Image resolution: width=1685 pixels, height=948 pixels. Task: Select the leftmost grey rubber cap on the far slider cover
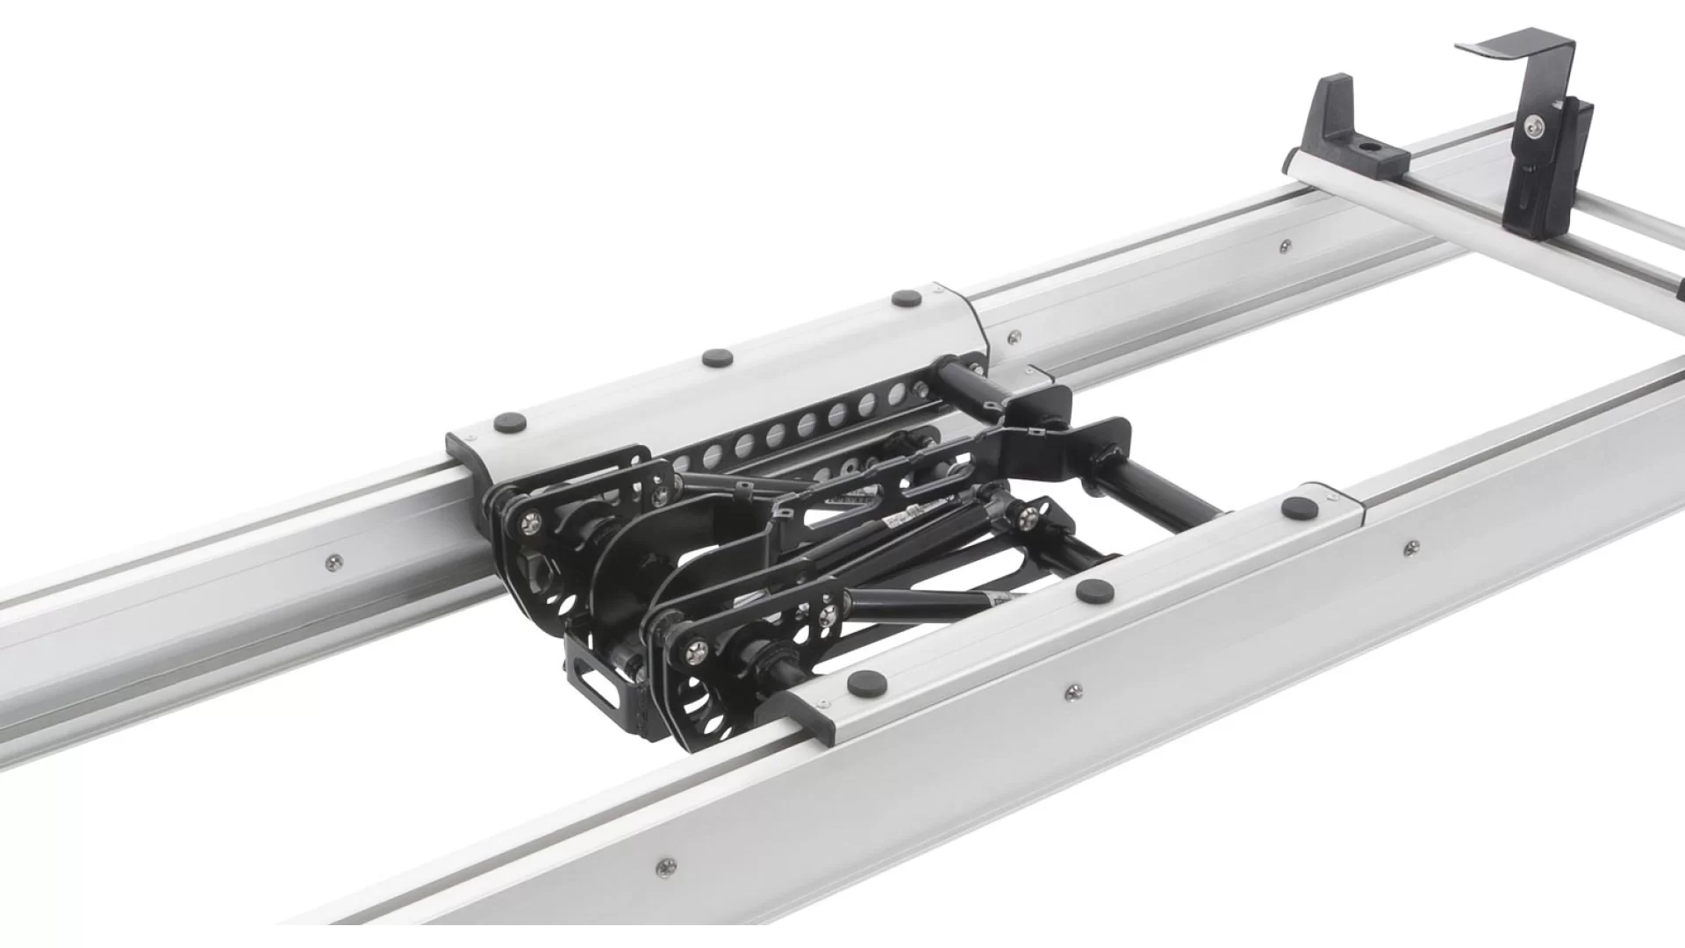tap(510, 422)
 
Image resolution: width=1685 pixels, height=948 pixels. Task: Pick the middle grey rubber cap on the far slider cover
tap(718, 357)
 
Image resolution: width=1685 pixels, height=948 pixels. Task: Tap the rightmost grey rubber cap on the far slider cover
tap(907, 298)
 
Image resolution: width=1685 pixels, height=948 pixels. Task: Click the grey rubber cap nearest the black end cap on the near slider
tap(866, 682)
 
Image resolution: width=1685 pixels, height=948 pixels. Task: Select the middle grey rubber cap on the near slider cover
tap(1094, 591)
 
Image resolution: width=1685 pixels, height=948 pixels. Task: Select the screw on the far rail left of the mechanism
tap(333, 562)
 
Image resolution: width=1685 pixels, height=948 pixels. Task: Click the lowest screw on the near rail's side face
tap(666, 867)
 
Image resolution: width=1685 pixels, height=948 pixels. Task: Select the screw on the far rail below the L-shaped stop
tap(1285, 247)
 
